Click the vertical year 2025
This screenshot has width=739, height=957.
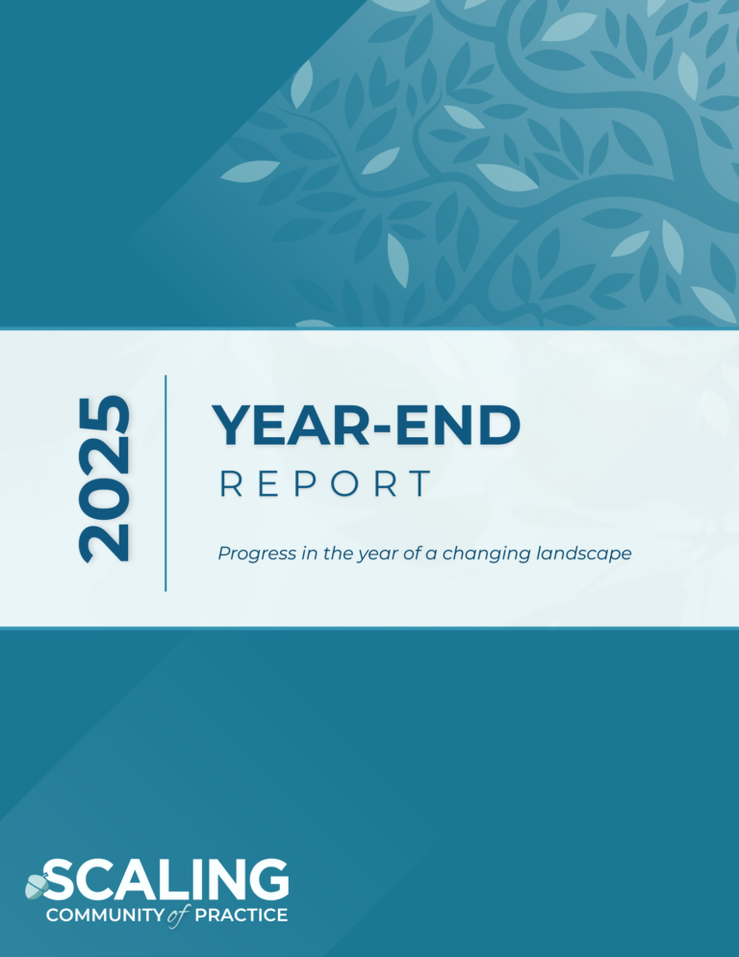[104, 479]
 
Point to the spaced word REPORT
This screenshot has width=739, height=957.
[325, 484]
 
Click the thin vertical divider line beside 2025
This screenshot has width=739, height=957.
[166, 483]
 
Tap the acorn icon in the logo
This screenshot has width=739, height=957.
[37, 886]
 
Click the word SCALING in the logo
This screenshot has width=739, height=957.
[166, 879]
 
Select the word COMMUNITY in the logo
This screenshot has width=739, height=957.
[105, 916]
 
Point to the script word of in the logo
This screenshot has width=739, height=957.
[178, 916]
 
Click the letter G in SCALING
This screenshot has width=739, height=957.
[268, 879]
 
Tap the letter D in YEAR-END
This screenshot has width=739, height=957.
[500, 426]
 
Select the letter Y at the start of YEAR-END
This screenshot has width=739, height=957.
[231, 426]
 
